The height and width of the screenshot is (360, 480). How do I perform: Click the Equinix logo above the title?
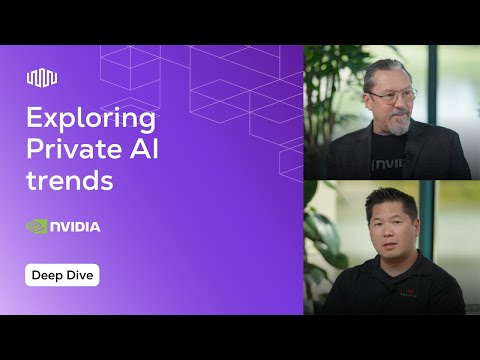click(x=42, y=78)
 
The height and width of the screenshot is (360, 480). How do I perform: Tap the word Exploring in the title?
click(x=91, y=120)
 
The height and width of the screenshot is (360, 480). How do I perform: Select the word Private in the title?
click(x=77, y=152)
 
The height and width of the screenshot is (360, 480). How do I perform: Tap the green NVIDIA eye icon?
click(x=37, y=226)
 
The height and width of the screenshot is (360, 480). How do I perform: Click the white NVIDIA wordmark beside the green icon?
click(x=76, y=227)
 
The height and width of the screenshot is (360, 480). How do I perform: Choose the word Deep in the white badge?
click(x=48, y=275)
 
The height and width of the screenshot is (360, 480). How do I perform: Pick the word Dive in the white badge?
click(x=79, y=275)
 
